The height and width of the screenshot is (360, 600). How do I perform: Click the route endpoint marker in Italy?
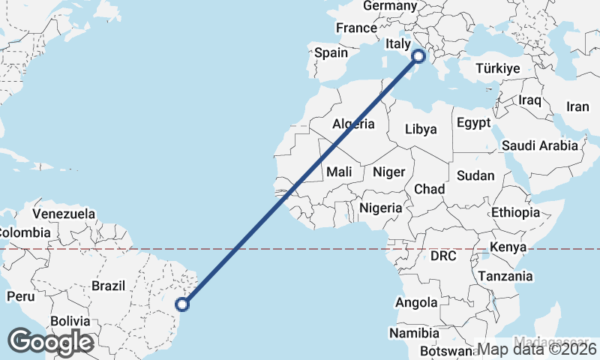(x=419, y=55)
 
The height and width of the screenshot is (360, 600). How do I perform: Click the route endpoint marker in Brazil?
(x=181, y=304)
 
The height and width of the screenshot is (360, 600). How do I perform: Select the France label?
(x=356, y=28)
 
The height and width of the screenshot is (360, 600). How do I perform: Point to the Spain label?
(x=331, y=52)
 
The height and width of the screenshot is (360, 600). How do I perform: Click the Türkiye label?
(x=498, y=68)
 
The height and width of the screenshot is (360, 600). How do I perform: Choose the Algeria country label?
(x=353, y=123)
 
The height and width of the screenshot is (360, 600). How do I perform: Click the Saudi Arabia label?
(x=540, y=145)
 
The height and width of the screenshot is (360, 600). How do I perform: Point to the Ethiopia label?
(x=515, y=212)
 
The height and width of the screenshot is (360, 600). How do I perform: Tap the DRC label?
(x=443, y=256)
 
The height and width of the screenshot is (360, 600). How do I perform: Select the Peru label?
(x=20, y=296)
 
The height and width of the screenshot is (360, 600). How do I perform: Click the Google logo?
(x=50, y=342)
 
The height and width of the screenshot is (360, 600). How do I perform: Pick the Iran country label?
(x=577, y=106)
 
